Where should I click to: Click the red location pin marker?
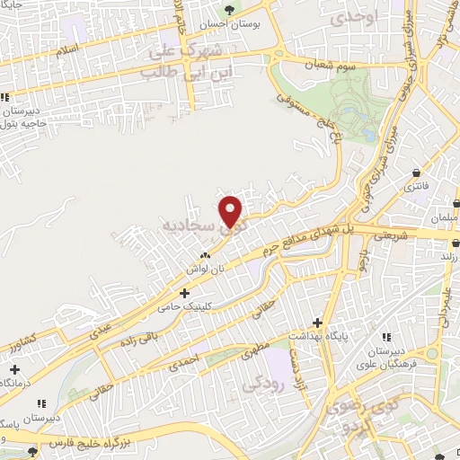(232, 210)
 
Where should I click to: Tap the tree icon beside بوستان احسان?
(231, 11)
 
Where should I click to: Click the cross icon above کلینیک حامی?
(185, 293)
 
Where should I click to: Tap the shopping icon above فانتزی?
(418, 173)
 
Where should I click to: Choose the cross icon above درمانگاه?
(14, 369)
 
